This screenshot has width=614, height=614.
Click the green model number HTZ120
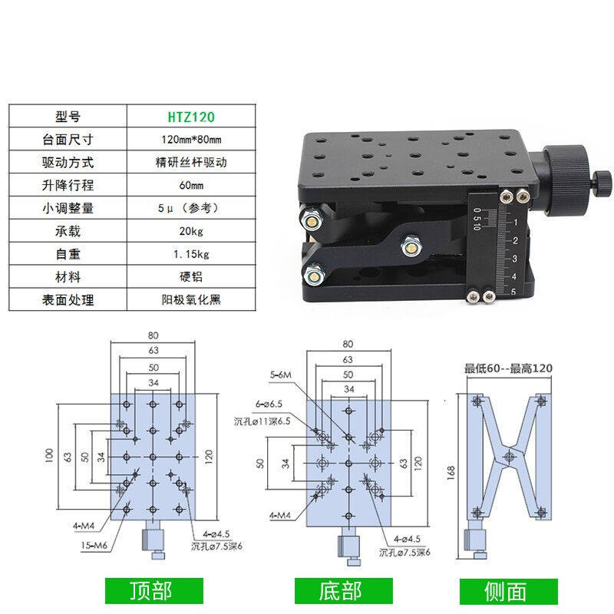pyautogui.click(x=191, y=117)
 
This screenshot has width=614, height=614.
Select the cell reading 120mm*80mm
pyautogui.click(x=191, y=140)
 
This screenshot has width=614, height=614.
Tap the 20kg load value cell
pyautogui.click(x=191, y=231)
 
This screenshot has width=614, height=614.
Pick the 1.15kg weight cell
pyautogui.click(x=191, y=254)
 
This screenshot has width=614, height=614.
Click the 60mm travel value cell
pyautogui.click(x=191, y=186)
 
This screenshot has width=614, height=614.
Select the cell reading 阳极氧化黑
pyautogui.click(x=191, y=300)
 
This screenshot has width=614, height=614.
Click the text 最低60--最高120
pyautogui.click(x=508, y=368)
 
